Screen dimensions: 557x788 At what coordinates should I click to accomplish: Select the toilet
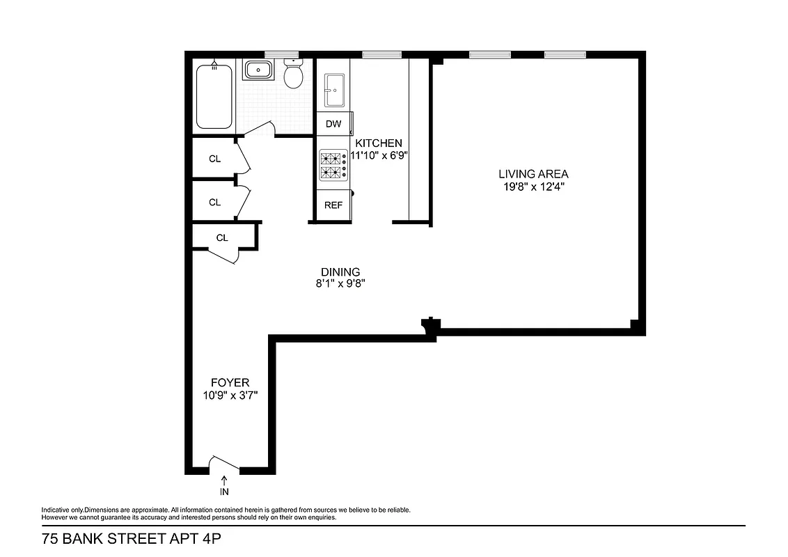[x=293, y=75]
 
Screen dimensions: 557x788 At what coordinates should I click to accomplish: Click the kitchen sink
[x=334, y=90]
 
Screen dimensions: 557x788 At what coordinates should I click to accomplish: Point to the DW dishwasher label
[x=334, y=125]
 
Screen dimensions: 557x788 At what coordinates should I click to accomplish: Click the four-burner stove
[x=333, y=166]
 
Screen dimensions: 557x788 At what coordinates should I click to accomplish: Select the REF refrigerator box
[x=334, y=205]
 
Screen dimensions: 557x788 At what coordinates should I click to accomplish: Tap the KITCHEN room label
[x=379, y=143]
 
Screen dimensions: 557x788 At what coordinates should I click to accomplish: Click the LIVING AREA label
[x=533, y=173]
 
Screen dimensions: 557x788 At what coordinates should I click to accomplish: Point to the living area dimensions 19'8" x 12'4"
[x=533, y=186]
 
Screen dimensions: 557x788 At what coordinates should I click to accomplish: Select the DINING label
[x=340, y=272]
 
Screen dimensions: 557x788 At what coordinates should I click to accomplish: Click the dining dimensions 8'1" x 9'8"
[x=340, y=284]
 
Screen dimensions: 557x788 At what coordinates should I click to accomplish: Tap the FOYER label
[x=230, y=383]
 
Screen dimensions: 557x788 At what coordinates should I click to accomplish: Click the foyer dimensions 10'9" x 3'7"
[x=230, y=395]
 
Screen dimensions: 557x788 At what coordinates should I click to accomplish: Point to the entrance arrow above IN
[x=224, y=480]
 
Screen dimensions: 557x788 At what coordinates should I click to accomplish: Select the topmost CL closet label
[x=214, y=159]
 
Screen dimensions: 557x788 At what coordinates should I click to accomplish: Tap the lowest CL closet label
[x=222, y=238]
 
